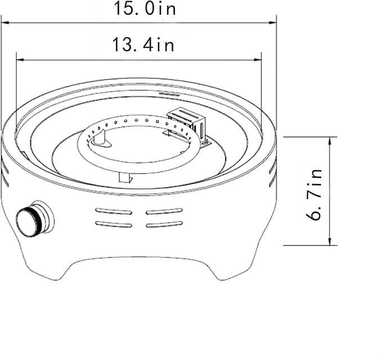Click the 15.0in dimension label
click(145, 8)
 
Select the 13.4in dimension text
click(143, 44)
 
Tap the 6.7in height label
click(314, 195)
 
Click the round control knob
click(35, 218)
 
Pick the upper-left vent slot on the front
click(114, 211)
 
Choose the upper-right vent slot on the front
click(164, 211)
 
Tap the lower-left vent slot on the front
click(114, 224)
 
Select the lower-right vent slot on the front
click(164, 224)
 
